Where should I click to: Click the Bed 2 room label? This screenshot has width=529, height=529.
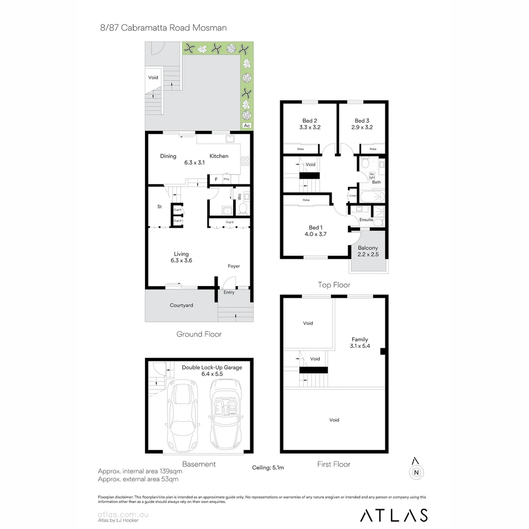tap(310, 120)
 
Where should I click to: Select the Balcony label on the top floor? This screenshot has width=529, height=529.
tap(368, 248)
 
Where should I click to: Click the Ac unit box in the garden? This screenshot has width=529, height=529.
tap(247, 126)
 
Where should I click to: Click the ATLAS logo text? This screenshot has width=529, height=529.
tap(394, 515)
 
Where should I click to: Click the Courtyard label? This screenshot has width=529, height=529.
tap(181, 305)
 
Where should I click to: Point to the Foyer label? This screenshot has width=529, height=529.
tap(234, 266)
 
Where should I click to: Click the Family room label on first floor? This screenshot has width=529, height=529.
tap(360, 339)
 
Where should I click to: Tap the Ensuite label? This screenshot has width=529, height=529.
tap(366, 220)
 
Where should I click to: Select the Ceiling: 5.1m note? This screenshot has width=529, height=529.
tap(268, 468)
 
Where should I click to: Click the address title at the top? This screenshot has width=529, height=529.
tap(163, 28)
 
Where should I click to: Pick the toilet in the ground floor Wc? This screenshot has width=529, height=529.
tap(242, 209)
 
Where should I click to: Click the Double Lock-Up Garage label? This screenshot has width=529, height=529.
tap(212, 367)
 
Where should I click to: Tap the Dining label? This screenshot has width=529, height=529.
tap(168, 156)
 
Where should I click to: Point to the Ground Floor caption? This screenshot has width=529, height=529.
tap(199, 334)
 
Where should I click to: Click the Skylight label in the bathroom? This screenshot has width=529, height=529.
tap(372, 176)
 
